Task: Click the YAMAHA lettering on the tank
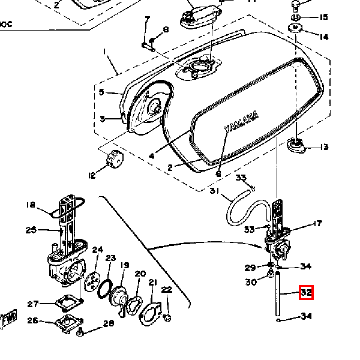241,122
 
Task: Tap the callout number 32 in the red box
307,293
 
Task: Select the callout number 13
325,147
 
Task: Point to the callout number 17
318,224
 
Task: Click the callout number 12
92,176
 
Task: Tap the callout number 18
31,205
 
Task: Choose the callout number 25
31,230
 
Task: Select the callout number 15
324,17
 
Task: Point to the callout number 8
166,29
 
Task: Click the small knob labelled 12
113,160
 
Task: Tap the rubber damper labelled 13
296,145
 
